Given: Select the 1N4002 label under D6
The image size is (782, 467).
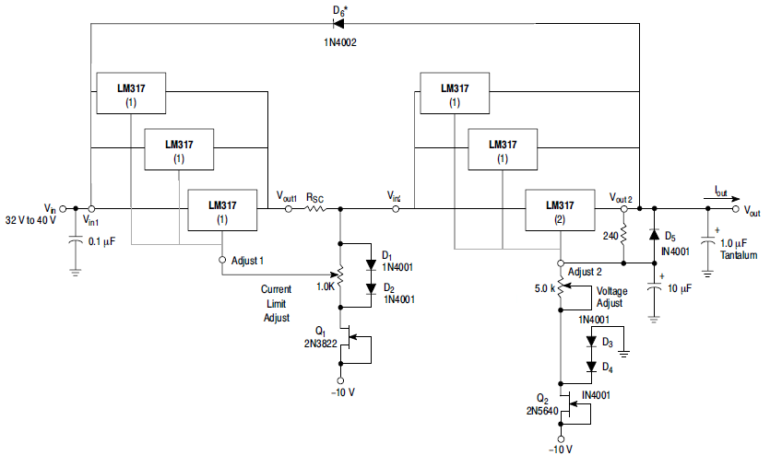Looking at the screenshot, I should [x=338, y=42].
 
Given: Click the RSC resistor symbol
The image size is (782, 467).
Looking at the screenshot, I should [x=314, y=209].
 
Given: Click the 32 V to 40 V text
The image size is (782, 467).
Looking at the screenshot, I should [x=31, y=221].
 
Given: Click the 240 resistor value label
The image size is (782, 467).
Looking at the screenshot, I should [x=610, y=235].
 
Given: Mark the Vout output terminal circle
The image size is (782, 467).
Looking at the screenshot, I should [x=735, y=209].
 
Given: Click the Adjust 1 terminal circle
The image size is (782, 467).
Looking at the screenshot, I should [x=221, y=261].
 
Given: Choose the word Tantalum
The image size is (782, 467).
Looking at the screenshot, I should [x=739, y=255].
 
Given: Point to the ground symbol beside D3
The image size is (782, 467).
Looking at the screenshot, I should [x=624, y=350].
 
